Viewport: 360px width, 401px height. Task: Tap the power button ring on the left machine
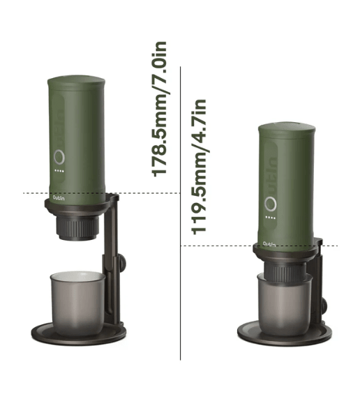pos(61,158)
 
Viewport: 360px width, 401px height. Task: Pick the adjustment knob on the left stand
pos(121,263)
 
